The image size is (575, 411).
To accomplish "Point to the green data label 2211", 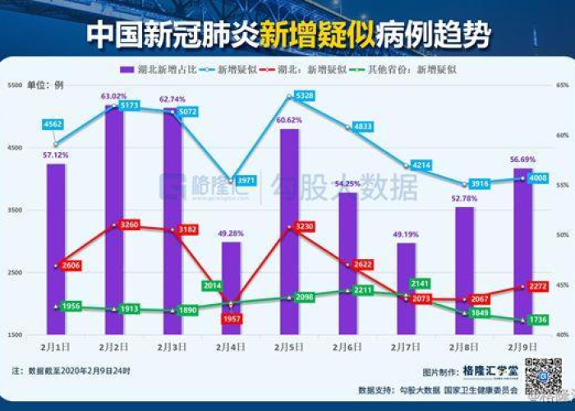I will coord(363,290).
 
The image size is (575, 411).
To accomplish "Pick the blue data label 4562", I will coord(55,124).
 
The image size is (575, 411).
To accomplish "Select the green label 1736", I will coord(538,320).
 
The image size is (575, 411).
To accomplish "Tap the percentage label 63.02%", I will coord(114,96).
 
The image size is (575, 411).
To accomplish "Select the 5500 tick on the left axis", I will coord(15,85).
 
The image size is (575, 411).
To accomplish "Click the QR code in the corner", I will coord(543,376).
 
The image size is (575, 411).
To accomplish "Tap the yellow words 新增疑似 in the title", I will coord(317,34).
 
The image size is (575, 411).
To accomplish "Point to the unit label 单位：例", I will coord(44,85).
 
